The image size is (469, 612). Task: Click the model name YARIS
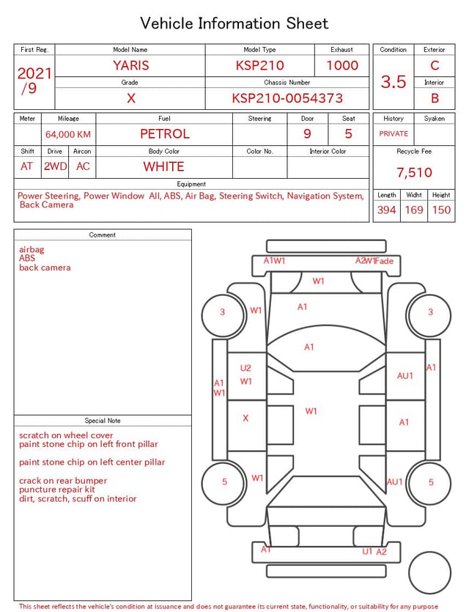pyautogui.click(x=131, y=65)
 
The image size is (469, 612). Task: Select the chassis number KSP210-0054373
pyautogui.click(x=287, y=98)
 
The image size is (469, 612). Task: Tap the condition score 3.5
pyautogui.click(x=394, y=81)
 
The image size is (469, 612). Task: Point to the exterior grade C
pyautogui.click(x=435, y=65)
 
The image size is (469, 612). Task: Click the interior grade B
pyautogui.click(x=435, y=98)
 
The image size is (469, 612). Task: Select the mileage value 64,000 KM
pyautogui.click(x=68, y=134)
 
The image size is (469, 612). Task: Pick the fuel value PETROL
pyautogui.click(x=165, y=134)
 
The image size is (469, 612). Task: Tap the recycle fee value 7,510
pyautogui.click(x=414, y=172)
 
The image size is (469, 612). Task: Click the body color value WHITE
pyautogui.click(x=163, y=166)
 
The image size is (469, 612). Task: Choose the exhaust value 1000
pyautogui.click(x=342, y=65)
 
